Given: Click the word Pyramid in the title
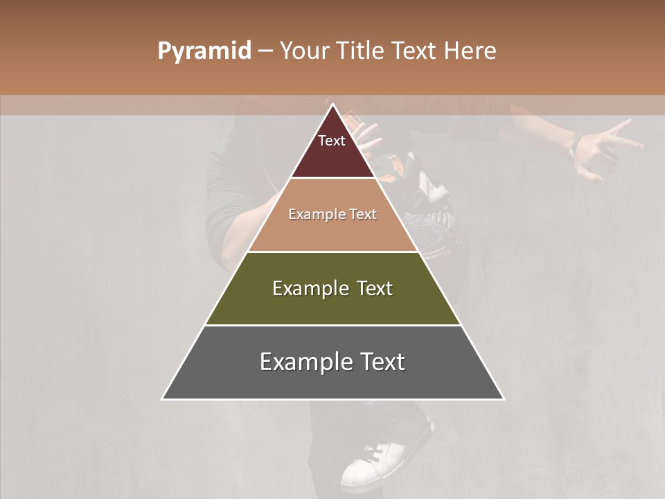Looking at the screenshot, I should point(204,51).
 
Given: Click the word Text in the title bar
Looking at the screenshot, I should point(416,51).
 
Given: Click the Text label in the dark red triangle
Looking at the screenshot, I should point(332,141).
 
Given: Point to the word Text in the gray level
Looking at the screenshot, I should point(378,362).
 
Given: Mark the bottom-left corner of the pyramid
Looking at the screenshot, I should point(163,399).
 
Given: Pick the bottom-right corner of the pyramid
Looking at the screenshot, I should point(503,399).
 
